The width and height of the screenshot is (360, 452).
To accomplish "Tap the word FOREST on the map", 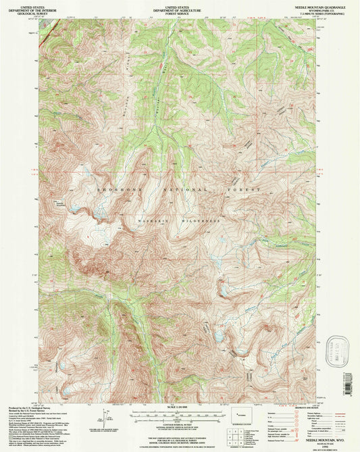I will [245, 191].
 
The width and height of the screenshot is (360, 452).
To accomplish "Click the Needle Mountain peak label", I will [80, 201].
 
